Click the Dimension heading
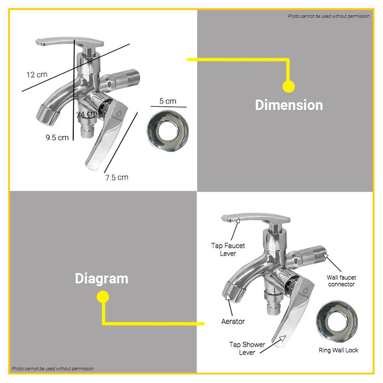click(289, 105)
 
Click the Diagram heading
click(102, 278)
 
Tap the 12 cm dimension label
click(37, 74)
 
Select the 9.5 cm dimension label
click(57, 137)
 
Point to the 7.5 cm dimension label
click(117, 177)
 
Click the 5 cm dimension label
click(168, 101)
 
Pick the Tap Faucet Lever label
click(228, 249)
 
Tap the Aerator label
click(233, 322)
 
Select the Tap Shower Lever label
click(247, 349)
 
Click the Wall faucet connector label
click(341, 281)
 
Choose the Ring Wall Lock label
click(338, 350)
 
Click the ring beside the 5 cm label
click(168, 131)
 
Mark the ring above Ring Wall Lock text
click(337, 321)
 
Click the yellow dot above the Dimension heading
click(288, 86)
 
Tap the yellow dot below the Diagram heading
click(103, 297)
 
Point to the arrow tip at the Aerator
click(228, 294)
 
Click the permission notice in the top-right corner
click(328, 16)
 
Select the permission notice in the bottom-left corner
click(53, 369)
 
